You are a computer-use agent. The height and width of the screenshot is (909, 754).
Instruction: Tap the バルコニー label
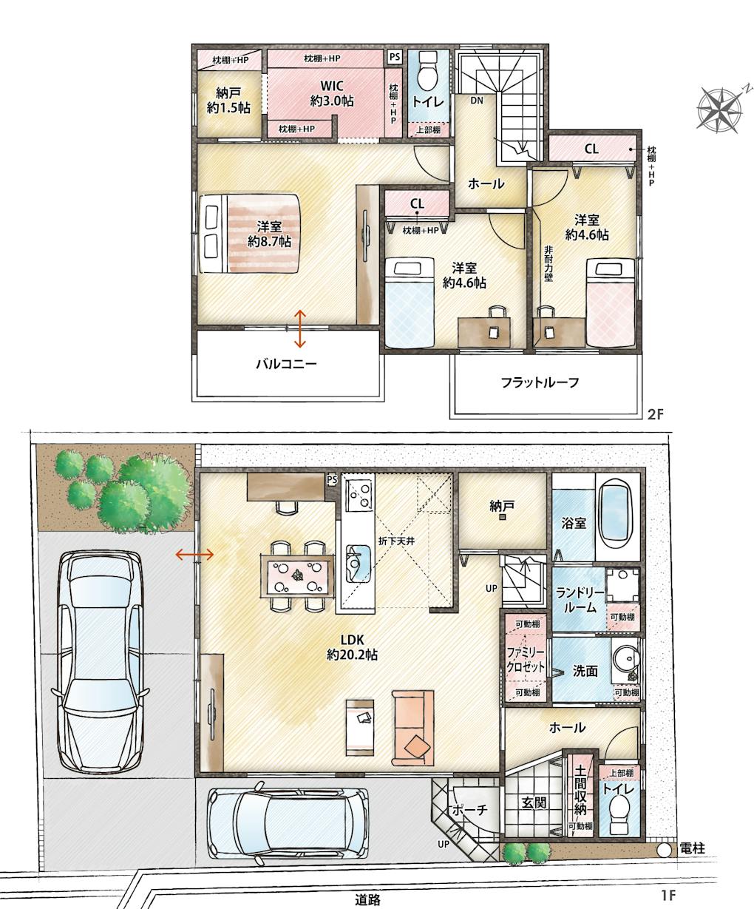(286, 364)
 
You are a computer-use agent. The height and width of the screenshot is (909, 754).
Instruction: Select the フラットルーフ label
(540, 382)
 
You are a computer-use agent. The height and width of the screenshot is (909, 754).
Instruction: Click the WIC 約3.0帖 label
(331, 93)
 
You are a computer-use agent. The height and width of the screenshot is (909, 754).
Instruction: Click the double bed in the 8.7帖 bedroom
(250, 234)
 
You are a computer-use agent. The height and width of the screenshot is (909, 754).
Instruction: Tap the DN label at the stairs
(477, 100)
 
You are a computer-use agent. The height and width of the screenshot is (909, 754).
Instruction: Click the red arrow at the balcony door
(299, 328)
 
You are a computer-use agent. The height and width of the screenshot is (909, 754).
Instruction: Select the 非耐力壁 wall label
(548, 264)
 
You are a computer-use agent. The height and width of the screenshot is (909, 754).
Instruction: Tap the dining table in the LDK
(297, 576)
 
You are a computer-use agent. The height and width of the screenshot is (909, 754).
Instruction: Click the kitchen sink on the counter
(359, 564)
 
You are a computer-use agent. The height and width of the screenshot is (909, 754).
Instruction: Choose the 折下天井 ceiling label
(396, 541)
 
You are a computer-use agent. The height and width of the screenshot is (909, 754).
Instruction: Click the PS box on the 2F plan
(395, 57)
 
